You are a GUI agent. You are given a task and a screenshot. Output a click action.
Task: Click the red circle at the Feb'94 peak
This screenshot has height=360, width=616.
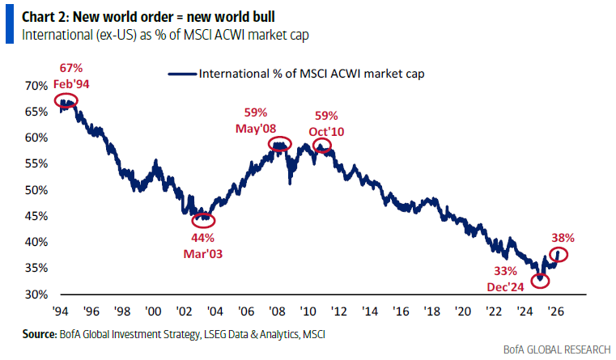click(66, 101)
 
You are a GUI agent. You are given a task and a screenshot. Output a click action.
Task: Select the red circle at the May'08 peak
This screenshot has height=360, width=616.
click(280, 146)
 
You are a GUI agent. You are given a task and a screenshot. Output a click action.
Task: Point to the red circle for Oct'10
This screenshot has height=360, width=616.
click(322, 146)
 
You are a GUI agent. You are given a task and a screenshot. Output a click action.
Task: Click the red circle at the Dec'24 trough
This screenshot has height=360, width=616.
click(540, 281)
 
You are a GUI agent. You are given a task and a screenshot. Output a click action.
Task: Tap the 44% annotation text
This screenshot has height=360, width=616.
click(202, 238)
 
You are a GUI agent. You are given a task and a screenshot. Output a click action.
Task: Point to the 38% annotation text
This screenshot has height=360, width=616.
click(564, 239)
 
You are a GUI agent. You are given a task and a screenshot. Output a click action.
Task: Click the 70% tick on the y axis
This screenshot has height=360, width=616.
click(37, 86)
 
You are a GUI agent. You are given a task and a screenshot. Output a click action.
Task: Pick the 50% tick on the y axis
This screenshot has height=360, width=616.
click(37, 190)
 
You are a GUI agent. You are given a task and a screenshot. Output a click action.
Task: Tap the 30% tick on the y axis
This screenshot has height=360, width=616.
click(37, 294)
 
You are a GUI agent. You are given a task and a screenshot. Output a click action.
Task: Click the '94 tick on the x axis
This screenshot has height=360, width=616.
click(61, 310)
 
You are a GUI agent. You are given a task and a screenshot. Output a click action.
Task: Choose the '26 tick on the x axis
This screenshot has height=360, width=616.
click(555, 310)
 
